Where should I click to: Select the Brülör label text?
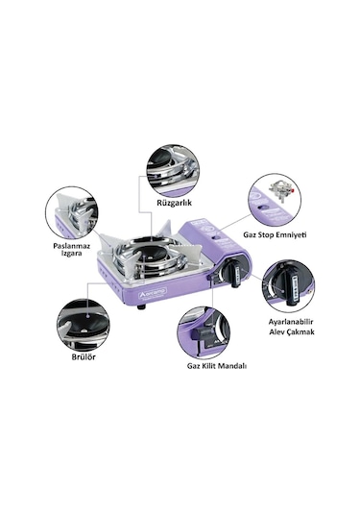(82, 355)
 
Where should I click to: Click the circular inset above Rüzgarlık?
(173, 170)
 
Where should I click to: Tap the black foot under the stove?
(140, 306)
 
